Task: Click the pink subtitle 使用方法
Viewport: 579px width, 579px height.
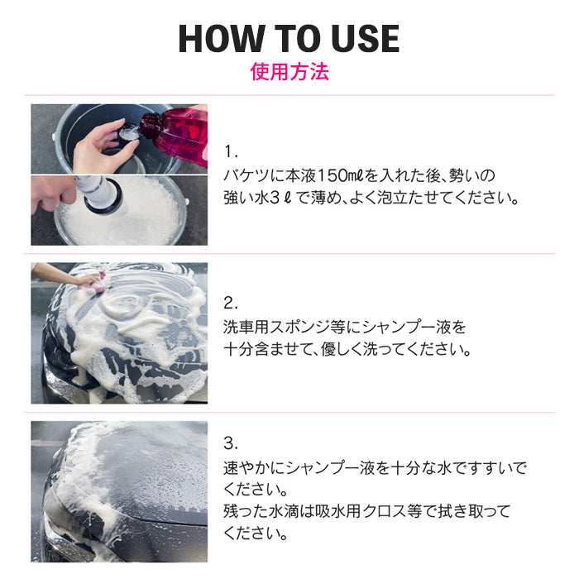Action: pyautogui.click(x=289, y=72)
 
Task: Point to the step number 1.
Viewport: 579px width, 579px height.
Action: pyautogui.click(x=231, y=152)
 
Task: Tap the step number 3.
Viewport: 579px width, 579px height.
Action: pyautogui.click(x=231, y=443)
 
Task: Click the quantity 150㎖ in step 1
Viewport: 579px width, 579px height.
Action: pyautogui.click(x=318, y=176)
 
